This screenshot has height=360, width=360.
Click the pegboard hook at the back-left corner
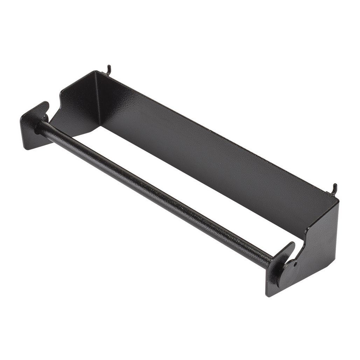coord(109,68)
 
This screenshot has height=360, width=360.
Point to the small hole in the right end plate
coord(295,261)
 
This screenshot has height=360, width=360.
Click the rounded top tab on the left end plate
coord(45,106)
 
